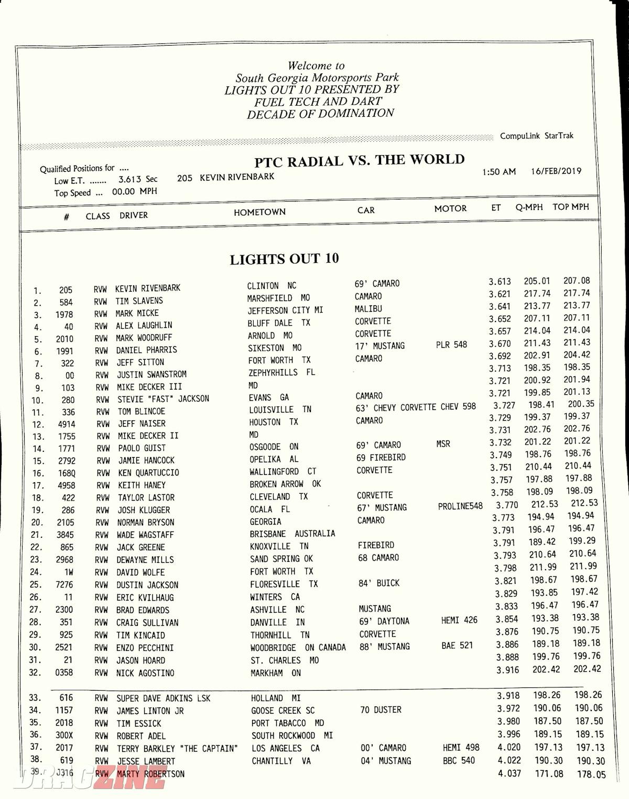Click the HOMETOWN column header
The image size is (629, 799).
point(259,212)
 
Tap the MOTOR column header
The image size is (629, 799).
point(450,208)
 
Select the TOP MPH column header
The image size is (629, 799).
point(570,207)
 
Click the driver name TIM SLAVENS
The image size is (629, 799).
point(139,301)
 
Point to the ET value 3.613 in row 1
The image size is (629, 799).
point(500,282)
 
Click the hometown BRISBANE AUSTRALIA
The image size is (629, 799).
point(292,534)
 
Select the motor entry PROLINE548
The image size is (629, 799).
point(460,506)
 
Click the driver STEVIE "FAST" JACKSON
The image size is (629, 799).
point(163,399)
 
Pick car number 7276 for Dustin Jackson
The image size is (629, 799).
point(64,584)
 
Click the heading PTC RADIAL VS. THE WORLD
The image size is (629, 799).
point(359,160)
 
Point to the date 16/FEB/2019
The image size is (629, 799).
point(556,171)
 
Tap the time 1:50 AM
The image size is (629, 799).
point(499,172)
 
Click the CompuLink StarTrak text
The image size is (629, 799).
point(536,136)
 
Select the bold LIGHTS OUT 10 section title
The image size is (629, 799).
point(284,259)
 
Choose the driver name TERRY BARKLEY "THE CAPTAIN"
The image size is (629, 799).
point(177,749)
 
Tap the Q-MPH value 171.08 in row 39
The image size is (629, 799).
point(549,773)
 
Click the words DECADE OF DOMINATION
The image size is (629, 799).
point(320,114)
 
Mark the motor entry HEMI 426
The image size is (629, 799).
point(459,620)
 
